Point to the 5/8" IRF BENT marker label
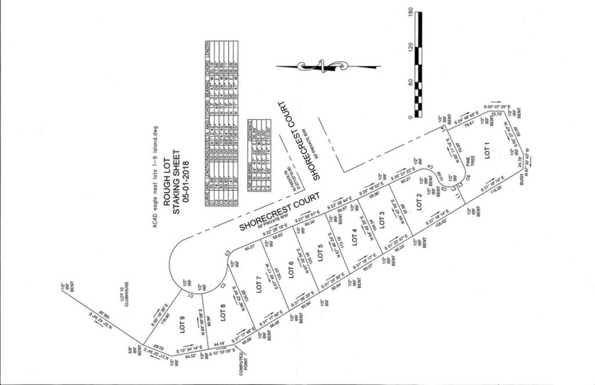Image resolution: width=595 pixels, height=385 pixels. click(131, 350)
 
